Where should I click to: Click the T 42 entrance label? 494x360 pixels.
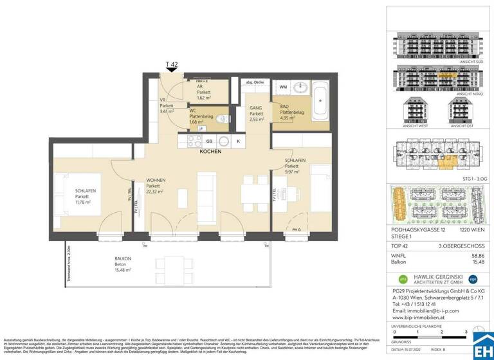point(172,64)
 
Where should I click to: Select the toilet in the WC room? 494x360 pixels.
point(221,118)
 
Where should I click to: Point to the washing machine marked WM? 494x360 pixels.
point(283,86)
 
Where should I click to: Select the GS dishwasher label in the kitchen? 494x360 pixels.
point(208,141)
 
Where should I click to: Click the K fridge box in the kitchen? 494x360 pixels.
point(239,141)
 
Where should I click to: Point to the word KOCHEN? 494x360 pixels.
point(210,152)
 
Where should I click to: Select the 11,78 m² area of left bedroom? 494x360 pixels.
point(82,202)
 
